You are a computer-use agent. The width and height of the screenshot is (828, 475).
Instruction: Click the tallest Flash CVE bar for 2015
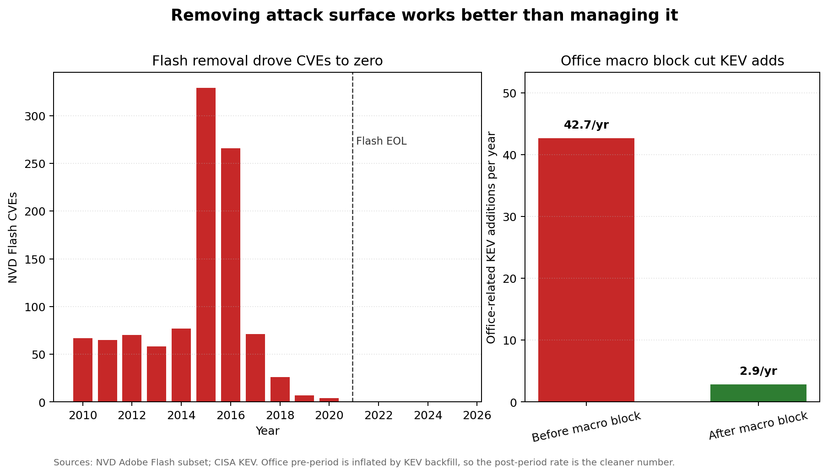(x=206, y=245)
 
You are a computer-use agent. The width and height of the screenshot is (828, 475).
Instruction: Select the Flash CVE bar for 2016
(x=231, y=275)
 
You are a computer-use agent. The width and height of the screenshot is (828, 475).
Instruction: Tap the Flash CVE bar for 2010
(x=83, y=370)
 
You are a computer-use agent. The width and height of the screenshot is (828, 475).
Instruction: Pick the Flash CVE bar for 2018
(x=280, y=389)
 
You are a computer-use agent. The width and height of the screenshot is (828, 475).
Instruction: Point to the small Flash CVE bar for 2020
(x=329, y=400)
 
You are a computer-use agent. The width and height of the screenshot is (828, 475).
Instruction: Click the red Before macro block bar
(x=586, y=270)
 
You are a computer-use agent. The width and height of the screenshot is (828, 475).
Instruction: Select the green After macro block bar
(x=758, y=393)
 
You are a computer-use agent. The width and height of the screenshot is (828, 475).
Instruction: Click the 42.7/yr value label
(x=586, y=125)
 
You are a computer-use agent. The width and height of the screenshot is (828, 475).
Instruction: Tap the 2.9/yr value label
(x=758, y=371)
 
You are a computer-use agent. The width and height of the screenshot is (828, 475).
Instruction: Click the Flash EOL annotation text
(x=381, y=141)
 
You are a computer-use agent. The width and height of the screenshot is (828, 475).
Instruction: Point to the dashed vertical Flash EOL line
(x=352, y=237)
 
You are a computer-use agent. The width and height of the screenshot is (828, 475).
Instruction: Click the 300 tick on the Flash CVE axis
(x=35, y=116)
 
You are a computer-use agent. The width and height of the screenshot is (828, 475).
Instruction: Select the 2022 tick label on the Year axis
(x=379, y=416)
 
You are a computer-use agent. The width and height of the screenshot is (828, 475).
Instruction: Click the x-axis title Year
(x=267, y=431)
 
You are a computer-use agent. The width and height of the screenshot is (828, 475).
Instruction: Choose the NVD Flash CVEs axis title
(x=13, y=237)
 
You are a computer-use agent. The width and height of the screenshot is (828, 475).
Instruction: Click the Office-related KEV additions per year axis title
(x=491, y=237)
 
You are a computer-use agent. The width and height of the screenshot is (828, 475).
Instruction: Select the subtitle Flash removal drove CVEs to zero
(x=267, y=61)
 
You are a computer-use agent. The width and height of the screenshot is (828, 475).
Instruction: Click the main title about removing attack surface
(x=424, y=16)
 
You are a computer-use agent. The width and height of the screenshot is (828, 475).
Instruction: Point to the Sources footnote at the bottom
(x=364, y=462)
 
